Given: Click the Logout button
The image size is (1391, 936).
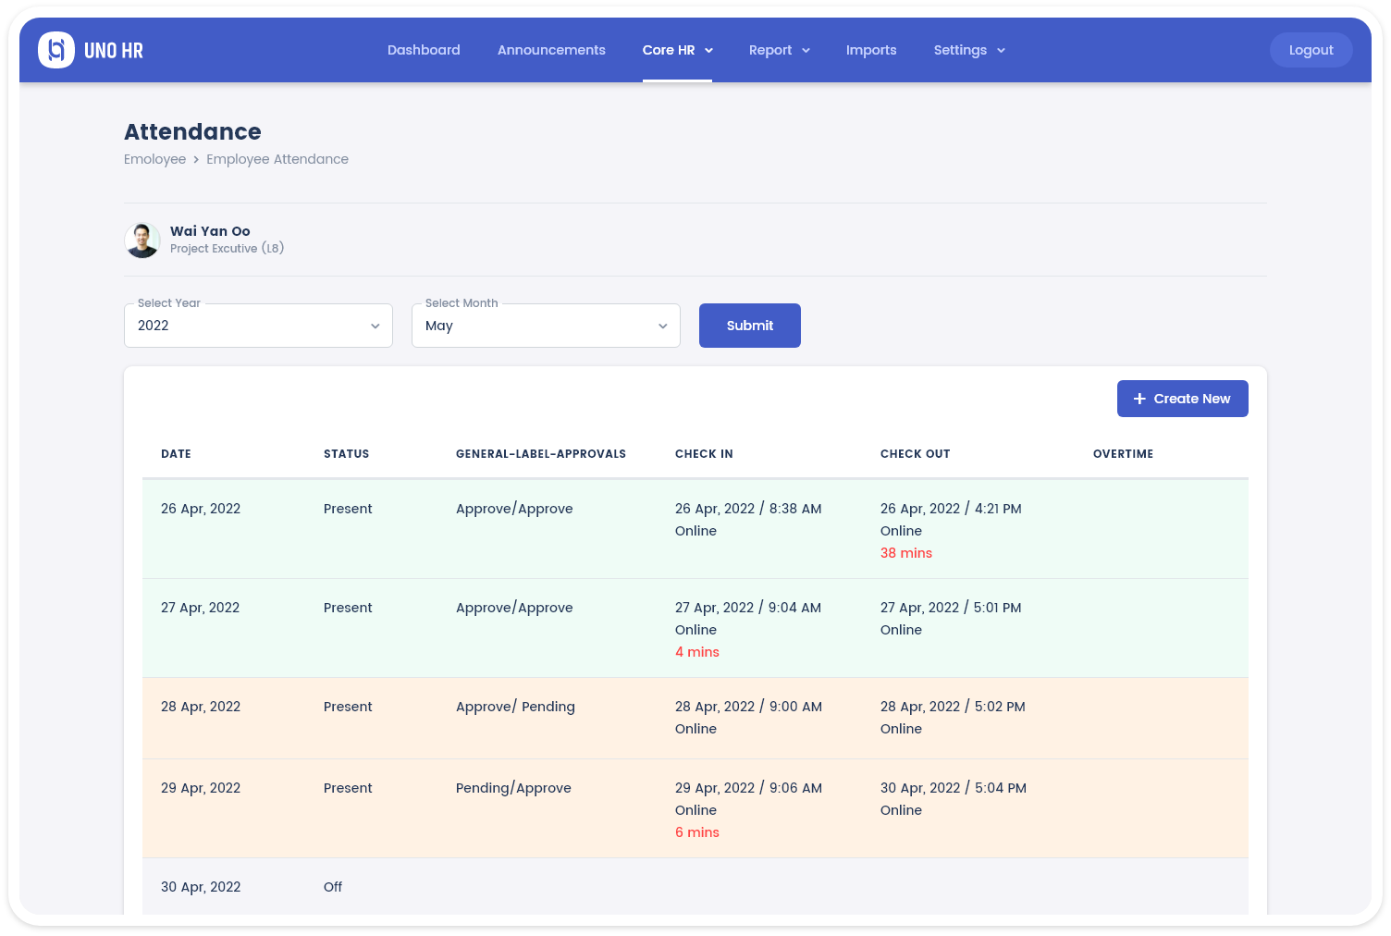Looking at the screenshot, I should point(1311,50).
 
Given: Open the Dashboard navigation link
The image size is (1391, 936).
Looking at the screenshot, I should point(424,50).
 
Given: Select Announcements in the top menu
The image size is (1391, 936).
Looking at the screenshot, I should point(551,50).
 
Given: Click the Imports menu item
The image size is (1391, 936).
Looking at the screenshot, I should point(871,50).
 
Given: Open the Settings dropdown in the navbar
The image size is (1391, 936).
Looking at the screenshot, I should point(968,50).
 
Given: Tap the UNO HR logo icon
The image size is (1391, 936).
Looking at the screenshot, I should point(56,50).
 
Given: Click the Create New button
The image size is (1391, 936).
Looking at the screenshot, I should point(1182,399).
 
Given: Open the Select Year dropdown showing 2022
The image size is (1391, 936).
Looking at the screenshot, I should point(258,326).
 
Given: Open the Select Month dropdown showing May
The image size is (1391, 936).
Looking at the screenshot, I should point(546,326).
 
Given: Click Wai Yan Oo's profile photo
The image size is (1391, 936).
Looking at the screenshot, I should point(142,240).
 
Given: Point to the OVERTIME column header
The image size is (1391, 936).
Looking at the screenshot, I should point(1123,454).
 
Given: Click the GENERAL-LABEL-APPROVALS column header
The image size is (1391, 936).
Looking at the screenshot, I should point(541,454).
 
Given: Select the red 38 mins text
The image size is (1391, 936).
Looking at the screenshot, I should point(906,553).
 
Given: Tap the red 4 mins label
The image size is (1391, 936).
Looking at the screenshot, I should point(697,652).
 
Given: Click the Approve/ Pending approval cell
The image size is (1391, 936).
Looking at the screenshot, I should point(515,707).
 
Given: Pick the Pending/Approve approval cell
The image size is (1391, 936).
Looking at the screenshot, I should point(513,788).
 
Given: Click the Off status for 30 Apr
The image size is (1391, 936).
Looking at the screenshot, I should point(333,887).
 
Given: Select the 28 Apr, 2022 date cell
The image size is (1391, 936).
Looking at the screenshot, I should point(201,707).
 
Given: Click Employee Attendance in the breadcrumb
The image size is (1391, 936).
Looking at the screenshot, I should point(277,159).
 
